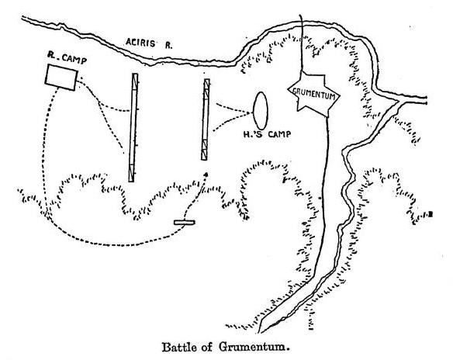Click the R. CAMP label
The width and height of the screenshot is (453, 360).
[x=67, y=59]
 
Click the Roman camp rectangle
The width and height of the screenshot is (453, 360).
[x=61, y=77]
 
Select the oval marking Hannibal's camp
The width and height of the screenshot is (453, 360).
[x=261, y=111]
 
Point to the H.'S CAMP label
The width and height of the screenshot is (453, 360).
[x=268, y=134]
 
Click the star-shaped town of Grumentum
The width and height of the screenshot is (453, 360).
[x=313, y=94]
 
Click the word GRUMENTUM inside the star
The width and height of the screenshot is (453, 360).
[x=313, y=94]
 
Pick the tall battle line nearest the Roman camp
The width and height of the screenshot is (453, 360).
[x=133, y=127]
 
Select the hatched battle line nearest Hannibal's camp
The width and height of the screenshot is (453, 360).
[x=206, y=119]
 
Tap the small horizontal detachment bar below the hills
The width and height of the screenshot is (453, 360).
[x=185, y=222]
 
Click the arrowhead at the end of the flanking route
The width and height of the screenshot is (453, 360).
[x=206, y=174]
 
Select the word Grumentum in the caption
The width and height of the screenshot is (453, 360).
[x=252, y=346]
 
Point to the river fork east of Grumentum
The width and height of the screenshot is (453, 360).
[x=399, y=101]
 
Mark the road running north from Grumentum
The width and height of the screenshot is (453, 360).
[x=301, y=43]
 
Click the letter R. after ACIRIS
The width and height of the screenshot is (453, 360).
[x=168, y=45]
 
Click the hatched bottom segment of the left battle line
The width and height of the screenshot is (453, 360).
[x=131, y=173]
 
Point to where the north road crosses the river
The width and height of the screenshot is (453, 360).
[x=301, y=25]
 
